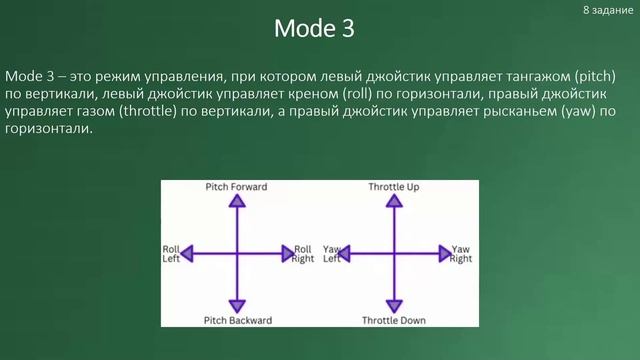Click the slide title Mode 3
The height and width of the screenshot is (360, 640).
tap(314, 29)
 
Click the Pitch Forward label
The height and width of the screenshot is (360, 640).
tap(236, 187)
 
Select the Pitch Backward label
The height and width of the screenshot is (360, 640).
tap(237, 320)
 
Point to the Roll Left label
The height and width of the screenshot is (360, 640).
tap(171, 254)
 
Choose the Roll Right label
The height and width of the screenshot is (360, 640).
tap(303, 254)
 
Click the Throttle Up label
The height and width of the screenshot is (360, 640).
tap(393, 187)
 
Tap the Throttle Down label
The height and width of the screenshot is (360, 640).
tap(394, 320)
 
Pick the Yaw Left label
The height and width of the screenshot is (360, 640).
tap(332, 254)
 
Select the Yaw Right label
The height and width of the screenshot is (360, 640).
tap(460, 254)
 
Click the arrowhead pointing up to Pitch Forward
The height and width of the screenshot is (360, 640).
tap(237, 201)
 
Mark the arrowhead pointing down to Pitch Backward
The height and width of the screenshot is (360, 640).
tap(237, 305)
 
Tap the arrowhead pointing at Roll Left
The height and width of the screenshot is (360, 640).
tap(187, 254)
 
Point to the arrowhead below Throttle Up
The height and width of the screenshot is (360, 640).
tap(394, 201)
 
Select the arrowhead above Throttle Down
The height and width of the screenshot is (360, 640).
tap(394, 305)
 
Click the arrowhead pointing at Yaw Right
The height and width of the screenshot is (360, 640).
tap(443, 254)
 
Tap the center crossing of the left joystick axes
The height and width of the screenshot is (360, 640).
tap(237, 254)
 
